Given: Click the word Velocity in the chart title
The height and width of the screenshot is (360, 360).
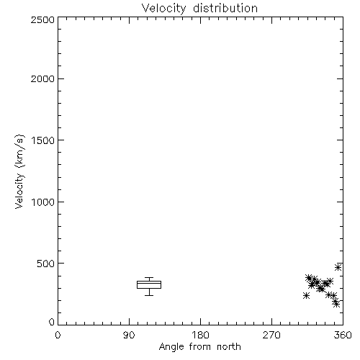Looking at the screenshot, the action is tap(163, 9).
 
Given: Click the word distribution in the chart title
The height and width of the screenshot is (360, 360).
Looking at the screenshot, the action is tap(225, 8).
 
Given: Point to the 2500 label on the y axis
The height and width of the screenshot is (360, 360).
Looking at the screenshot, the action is tap(42, 19).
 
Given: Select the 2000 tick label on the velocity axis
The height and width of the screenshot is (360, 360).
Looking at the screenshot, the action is tap(42, 79).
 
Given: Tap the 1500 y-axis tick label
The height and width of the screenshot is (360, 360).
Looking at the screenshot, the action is tap(43, 140).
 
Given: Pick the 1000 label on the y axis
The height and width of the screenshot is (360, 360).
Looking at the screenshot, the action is tap(43, 202).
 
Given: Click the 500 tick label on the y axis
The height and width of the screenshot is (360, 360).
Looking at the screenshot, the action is tap(46, 264).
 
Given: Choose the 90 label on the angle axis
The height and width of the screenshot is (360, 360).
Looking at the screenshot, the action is tap(129, 335).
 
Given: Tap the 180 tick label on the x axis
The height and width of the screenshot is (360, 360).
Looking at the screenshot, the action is tap(200, 335).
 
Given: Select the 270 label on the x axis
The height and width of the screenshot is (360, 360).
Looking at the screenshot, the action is tap(271, 335).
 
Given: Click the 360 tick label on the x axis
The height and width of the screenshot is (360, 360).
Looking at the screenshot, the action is tap(343, 335).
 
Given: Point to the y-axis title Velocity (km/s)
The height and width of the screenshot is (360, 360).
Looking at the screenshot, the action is tap(19, 171).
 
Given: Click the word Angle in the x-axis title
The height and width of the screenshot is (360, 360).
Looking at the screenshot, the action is tap(171, 347).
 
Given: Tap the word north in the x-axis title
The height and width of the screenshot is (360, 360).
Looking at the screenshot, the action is tap(229, 347).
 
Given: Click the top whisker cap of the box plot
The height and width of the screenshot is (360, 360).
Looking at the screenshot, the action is tap(149, 278).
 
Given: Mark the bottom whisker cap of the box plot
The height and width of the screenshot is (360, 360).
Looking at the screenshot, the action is tap(149, 295).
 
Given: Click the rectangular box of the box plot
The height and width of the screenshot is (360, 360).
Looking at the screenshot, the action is tap(149, 281).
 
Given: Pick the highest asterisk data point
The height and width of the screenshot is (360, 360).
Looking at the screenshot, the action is tap(338, 267).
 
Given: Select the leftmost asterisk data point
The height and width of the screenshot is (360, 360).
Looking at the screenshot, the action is tap(306, 295).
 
